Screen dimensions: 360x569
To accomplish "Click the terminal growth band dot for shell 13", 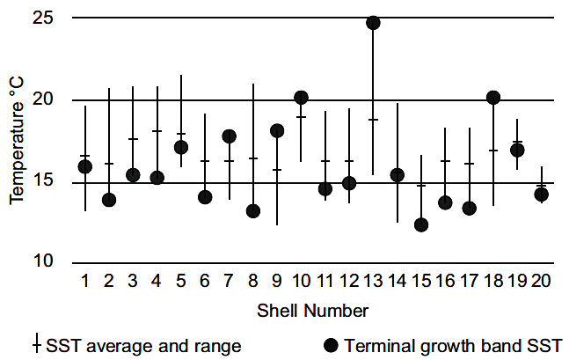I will [373, 23].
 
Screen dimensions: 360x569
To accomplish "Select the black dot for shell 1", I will [85, 167].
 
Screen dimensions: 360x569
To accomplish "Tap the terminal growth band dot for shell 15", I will [421, 225].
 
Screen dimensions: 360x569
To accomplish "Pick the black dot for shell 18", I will [493, 98].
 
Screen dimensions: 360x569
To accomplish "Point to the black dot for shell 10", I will [301, 98].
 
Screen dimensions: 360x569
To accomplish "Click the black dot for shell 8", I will [253, 211].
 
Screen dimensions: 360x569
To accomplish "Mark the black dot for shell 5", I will [181, 147].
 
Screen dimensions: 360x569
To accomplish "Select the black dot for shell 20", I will [542, 195].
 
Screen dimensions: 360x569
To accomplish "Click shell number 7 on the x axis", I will [229, 281].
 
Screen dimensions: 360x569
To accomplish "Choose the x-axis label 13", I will [373, 281].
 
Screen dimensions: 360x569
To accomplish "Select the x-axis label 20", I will [542, 281].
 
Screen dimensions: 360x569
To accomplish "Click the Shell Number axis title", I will [313, 311].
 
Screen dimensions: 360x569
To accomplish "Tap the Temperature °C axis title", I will [18, 140].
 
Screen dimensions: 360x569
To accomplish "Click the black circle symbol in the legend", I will [330, 344].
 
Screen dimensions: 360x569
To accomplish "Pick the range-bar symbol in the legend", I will [36, 344].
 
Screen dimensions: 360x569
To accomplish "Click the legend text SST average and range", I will [142, 344].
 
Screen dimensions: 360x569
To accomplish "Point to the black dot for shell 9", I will [277, 131].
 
